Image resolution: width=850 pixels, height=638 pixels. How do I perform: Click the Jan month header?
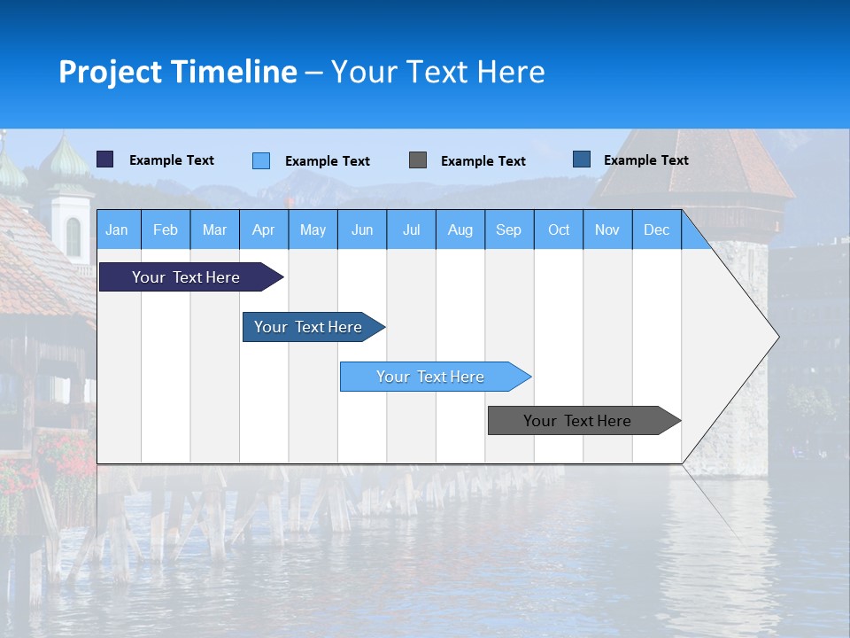click(118, 230)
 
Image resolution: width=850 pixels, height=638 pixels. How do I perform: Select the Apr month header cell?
click(264, 230)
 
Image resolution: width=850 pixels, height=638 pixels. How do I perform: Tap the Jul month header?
click(411, 230)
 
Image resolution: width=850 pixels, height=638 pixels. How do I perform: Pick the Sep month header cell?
click(509, 230)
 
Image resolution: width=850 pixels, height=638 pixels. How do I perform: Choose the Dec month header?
click(656, 230)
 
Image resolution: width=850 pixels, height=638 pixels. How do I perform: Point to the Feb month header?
click(166, 230)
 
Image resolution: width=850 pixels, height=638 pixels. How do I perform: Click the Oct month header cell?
click(559, 230)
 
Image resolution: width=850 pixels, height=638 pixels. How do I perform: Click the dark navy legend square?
click(105, 159)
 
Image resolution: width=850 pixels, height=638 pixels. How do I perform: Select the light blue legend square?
click(261, 160)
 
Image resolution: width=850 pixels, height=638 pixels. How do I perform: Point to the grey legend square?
click(418, 160)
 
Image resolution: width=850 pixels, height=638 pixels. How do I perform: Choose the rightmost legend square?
click(582, 159)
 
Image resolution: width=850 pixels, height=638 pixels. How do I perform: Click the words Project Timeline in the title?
click(178, 72)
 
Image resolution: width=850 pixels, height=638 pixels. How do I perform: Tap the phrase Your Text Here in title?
click(437, 72)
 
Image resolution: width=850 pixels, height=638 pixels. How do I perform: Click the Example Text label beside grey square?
click(483, 161)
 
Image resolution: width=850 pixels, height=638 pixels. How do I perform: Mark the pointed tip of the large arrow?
click(777, 336)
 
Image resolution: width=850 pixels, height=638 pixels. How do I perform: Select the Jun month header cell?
click(362, 230)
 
